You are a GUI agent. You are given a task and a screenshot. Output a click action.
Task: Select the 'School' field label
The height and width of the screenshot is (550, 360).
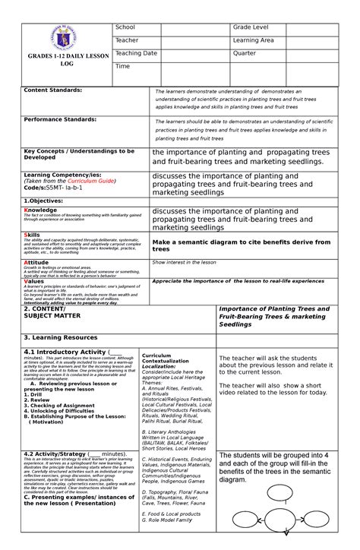125,27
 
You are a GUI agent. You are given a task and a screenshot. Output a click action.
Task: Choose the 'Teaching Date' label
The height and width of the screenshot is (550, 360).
136,53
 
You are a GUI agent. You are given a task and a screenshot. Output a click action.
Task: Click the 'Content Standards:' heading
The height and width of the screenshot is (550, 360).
53,90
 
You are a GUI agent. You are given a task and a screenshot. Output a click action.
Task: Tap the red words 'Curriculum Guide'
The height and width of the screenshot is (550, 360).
91,182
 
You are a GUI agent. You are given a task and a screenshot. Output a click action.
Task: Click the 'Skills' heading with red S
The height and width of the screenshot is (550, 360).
33,235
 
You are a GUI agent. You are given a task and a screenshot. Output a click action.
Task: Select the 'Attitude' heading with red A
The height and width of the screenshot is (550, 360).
36,262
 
